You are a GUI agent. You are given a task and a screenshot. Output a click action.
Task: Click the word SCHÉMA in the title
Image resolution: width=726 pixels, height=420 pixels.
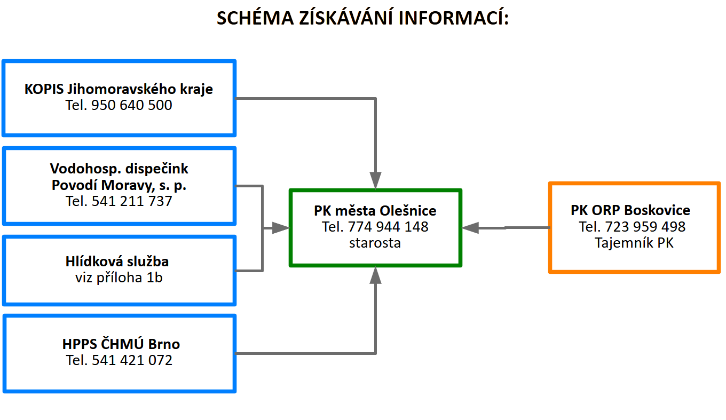pyautogui.click(x=255, y=18)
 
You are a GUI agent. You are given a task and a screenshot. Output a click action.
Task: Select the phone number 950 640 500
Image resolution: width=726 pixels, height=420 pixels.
pyautogui.click(x=131, y=105)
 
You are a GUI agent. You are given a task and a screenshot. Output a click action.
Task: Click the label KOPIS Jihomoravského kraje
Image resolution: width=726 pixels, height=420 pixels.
pyautogui.click(x=119, y=89)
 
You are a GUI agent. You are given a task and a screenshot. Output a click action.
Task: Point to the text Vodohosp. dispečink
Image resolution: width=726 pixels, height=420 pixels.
pyautogui.click(x=119, y=169)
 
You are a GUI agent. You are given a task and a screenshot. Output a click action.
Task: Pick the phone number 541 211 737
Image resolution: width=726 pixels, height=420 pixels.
pyautogui.click(x=132, y=201)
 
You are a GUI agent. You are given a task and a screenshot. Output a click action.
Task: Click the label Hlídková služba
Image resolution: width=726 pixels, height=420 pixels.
pyautogui.click(x=117, y=261)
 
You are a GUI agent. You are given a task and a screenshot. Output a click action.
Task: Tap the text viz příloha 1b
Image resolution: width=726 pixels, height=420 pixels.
pyautogui.click(x=119, y=278)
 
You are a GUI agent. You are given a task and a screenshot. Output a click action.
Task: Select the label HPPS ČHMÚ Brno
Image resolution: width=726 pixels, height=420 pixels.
pyautogui.click(x=121, y=344)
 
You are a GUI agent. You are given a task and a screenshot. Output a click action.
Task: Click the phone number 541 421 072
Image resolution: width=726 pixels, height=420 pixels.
pyautogui.click(x=132, y=360)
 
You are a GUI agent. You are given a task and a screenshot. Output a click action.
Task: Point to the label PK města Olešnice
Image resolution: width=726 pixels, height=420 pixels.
pyautogui.click(x=375, y=211)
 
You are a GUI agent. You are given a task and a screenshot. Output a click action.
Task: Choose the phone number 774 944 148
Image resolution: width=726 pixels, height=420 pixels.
pyautogui.click(x=388, y=227)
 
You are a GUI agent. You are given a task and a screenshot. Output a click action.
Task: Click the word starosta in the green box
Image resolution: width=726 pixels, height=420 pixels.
pyautogui.click(x=375, y=243)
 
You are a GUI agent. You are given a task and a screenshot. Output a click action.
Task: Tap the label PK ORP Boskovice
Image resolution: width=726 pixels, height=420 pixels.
pyautogui.click(x=630, y=210)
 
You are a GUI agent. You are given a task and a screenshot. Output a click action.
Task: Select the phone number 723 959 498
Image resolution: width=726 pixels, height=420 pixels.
pyautogui.click(x=645, y=227)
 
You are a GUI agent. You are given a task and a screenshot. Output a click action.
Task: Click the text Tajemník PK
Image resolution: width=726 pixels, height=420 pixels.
pyautogui.click(x=634, y=243)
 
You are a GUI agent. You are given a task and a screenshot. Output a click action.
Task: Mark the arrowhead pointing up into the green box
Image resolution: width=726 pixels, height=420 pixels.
pyautogui.click(x=375, y=275)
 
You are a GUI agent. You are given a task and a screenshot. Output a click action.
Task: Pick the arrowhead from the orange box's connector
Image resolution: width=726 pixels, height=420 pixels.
pyautogui.click(x=470, y=228)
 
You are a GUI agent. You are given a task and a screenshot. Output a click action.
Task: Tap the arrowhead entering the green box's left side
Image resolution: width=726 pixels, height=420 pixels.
pyautogui.click(x=281, y=228)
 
